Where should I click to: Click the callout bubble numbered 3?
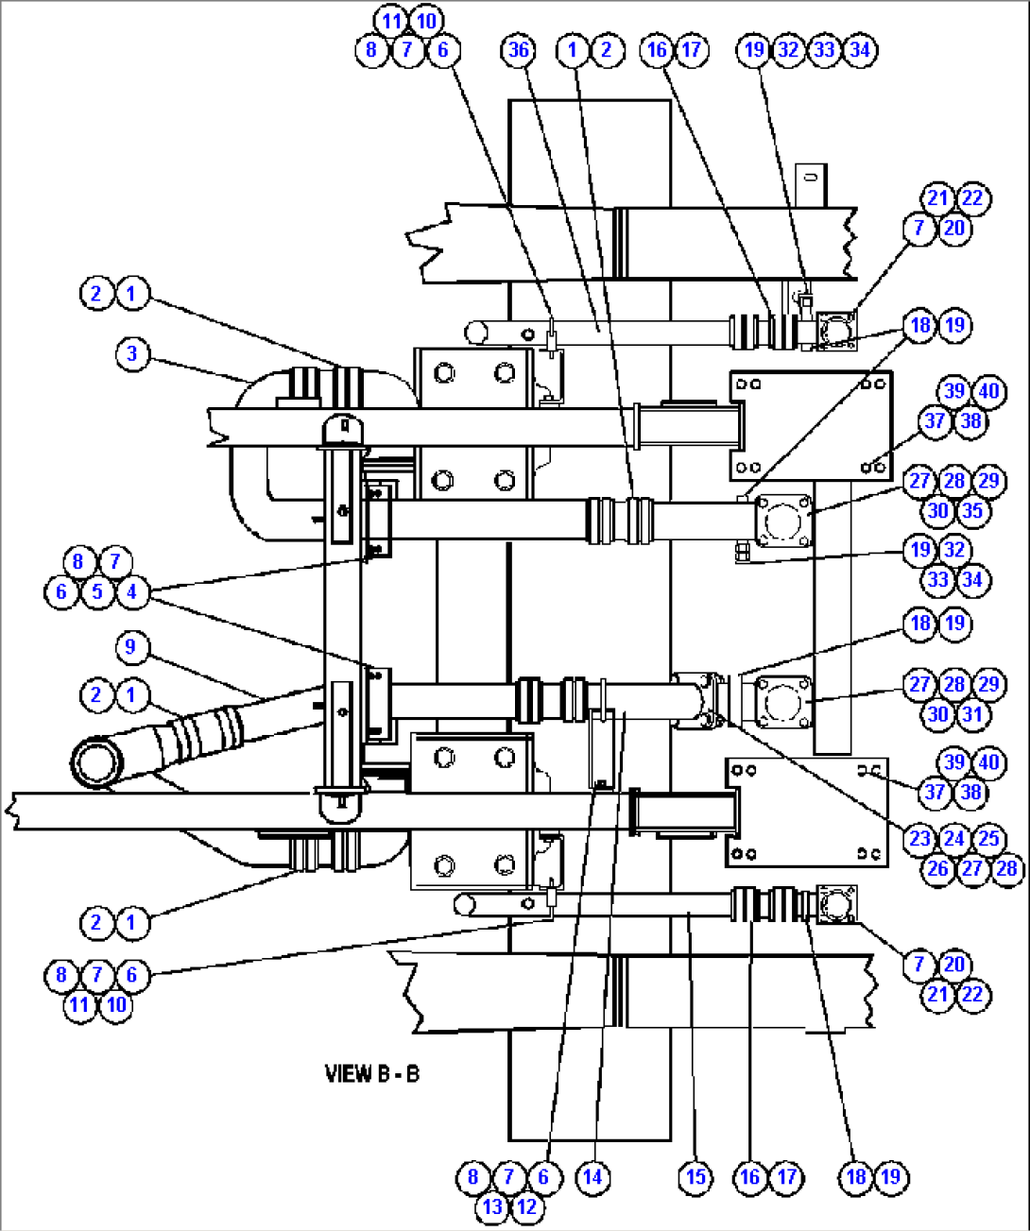(x=132, y=354)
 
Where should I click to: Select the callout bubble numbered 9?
(x=131, y=647)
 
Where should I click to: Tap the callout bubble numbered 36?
(x=519, y=50)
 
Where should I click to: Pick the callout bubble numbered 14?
(x=592, y=1177)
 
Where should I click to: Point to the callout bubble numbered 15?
(x=695, y=1177)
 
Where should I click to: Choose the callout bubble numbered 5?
(x=96, y=592)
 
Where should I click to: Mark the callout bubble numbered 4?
(x=132, y=592)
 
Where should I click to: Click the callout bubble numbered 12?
(x=526, y=1206)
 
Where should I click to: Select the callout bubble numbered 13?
(x=491, y=1206)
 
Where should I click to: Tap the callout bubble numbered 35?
(x=972, y=511)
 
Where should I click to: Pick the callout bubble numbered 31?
(x=972, y=714)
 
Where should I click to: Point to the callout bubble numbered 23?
(x=919, y=839)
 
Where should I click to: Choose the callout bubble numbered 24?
(x=954, y=839)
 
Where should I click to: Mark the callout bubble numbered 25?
(x=989, y=839)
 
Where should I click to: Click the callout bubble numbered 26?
(x=937, y=868)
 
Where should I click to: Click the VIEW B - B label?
(x=372, y=1073)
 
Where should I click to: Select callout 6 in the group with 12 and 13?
(x=543, y=1177)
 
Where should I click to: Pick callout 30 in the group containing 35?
(x=937, y=511)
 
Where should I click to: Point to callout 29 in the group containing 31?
(x=989, y=685)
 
